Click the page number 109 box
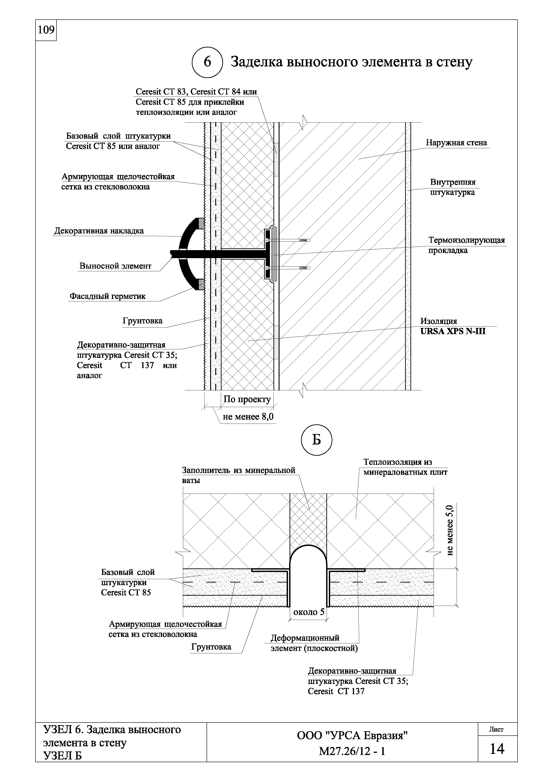point(46,30)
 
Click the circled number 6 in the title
point(207,62)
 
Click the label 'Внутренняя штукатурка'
point(452,187)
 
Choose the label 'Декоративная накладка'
point(99,231)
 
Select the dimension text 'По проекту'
point(247,399)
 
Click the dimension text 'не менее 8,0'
point(248,417)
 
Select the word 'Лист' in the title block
point(496,730)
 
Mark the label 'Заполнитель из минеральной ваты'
point(238,475)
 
